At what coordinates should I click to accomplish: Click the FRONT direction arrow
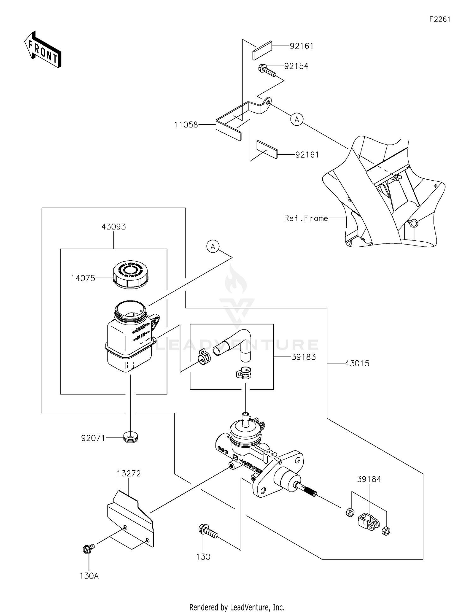[x=43, y=50]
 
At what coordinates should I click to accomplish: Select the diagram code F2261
[x=440, y=19]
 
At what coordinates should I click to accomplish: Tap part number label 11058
[x=186, y=125]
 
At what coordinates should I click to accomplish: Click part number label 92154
[x=296, y=66]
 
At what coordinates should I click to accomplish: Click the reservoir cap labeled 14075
[x=130, y=274]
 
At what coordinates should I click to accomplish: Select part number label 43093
[x=114, y=227]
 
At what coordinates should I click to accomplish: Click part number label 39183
[x=304, y=357]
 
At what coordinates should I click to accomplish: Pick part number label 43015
[x=357, y=363]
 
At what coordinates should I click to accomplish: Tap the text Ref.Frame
[x=306, y=218]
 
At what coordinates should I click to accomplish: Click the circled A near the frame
[x=297, y=119]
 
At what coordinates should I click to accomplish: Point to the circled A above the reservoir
[x=213, y=246]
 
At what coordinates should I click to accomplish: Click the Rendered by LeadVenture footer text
[x=237, y=607]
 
